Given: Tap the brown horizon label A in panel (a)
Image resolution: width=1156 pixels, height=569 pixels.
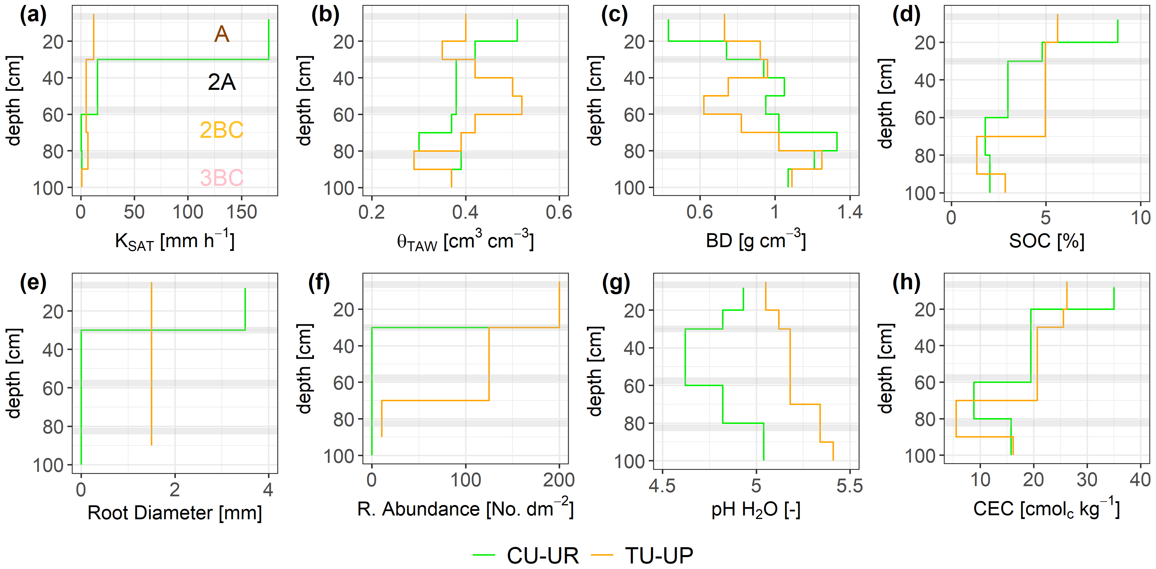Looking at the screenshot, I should tap(222, 34).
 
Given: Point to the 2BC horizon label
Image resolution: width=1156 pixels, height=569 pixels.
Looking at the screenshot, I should tap(222, 130).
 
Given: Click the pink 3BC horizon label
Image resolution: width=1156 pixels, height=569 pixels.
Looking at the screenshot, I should tap(222, 178).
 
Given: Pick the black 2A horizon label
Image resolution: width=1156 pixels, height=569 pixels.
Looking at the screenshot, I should tap(222, 82).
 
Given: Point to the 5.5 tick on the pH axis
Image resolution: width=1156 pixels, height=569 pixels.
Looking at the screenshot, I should tap(850, 486).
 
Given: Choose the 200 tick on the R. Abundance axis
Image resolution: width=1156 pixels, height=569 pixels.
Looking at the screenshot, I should tap(559, 480).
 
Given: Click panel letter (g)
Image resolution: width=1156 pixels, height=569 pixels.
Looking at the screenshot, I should tap(616, 283).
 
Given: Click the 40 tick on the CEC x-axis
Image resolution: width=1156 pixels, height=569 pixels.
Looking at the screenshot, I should tap(1140, 480).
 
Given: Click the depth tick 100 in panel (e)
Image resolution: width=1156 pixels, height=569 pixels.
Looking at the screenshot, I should tap(49, 465).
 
